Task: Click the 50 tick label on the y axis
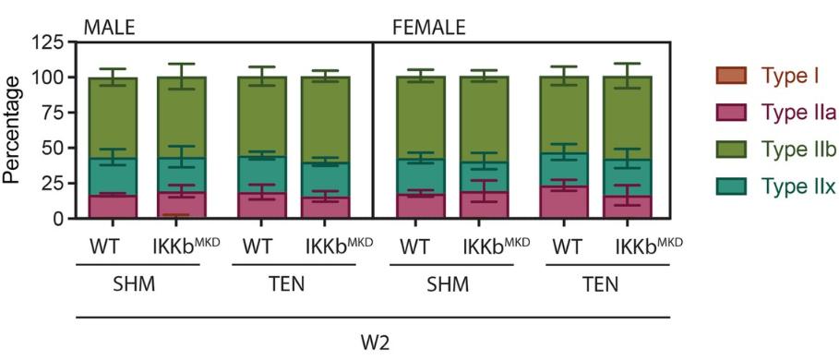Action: coord(54,148)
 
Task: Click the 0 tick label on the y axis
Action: coord(60,219)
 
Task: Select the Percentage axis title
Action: coord(13,129)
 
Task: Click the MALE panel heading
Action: coord(109,27)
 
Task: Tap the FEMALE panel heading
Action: coord(429,27)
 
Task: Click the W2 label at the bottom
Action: coord(373,342)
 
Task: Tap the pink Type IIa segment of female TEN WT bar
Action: coord(564,202)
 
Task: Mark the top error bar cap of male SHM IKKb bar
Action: coord(182,64)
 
